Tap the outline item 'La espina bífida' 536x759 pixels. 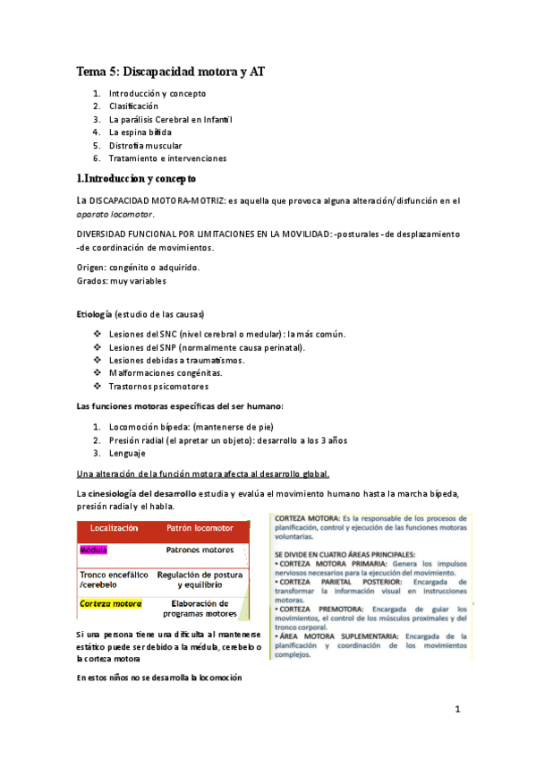140,132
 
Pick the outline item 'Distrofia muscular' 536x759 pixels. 146,145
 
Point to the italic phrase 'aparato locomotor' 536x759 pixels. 115,215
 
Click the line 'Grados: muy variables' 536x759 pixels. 120,280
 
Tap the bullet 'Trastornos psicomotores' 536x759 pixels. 158,386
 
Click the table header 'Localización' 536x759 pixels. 114,529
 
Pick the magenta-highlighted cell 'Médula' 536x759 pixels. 93,549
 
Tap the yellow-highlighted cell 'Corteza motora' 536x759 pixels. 111,604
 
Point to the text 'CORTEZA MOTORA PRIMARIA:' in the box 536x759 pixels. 330,563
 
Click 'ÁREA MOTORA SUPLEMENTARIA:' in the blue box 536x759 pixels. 338,636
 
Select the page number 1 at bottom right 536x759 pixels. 456,710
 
